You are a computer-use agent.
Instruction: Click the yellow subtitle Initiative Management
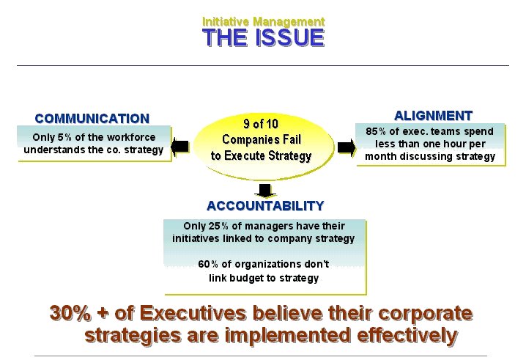[x=264, y=22]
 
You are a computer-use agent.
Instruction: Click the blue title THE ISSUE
[x=263, y=37]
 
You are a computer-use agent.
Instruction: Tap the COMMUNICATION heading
[x=92, y=119]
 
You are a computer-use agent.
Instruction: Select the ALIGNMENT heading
[x=434, y=116]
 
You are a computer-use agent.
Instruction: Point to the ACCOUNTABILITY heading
[x=265, y=206]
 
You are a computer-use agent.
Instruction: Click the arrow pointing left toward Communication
[x=179, y=147]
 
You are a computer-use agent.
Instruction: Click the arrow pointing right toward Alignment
[x=347, y=147]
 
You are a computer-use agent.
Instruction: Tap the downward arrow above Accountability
[x=265, y=191]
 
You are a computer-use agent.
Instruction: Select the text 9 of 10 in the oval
[x=261, y=124]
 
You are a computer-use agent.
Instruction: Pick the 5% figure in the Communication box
[x=64, y=137]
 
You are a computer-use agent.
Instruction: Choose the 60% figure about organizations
[x=208, y=264]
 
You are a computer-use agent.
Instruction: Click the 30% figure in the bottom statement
[x=70, y=313]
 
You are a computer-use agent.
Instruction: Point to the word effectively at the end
[x=407, y=336]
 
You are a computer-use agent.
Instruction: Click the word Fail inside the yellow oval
[x=293, y=139]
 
